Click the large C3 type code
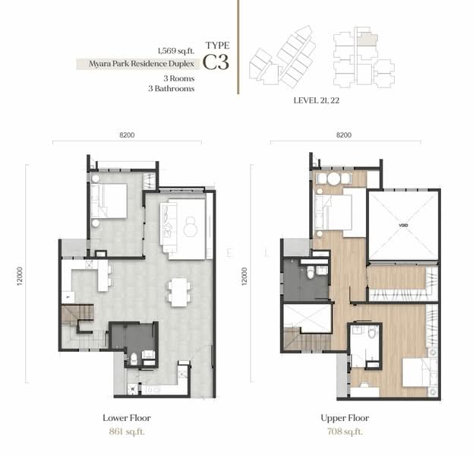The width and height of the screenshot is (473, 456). [x=216, y=62]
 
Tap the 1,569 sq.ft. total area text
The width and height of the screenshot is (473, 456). [x=176, y=51]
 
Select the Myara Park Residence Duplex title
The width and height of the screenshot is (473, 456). [x=141, y=64]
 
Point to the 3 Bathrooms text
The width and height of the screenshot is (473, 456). [x=172, y=88]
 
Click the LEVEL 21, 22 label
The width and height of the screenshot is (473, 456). [x=317, y=100]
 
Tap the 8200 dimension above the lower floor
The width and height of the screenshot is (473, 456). [x=127, y=135]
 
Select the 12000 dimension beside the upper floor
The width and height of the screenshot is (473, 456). [x=244, y=276]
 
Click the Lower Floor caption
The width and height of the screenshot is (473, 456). [x=127, y=418]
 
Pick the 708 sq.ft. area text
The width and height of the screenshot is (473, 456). [x=345, y=432]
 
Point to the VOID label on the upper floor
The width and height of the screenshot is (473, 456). [x=403, y=225]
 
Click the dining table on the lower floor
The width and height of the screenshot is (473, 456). [x=179, y=292]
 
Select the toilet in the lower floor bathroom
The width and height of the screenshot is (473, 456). [x=134, y=359]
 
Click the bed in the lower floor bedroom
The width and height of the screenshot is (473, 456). [x=109, y=201]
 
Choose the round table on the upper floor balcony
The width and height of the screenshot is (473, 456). [x=334, y=179]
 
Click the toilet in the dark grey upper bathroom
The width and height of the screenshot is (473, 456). [x=311, y=272]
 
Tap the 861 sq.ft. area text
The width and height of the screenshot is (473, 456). [x=127, y=432]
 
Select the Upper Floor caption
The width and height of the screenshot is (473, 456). [x=345, y=418]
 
